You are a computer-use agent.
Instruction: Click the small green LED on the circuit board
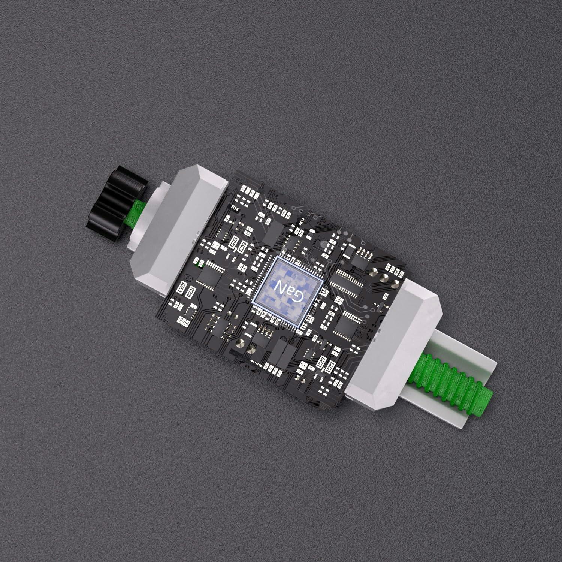click(197, 264)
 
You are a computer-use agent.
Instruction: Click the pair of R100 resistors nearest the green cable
click(325, 364)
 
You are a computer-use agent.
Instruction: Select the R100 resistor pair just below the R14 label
click(237, 243)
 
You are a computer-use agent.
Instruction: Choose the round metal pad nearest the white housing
click(396, 283)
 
